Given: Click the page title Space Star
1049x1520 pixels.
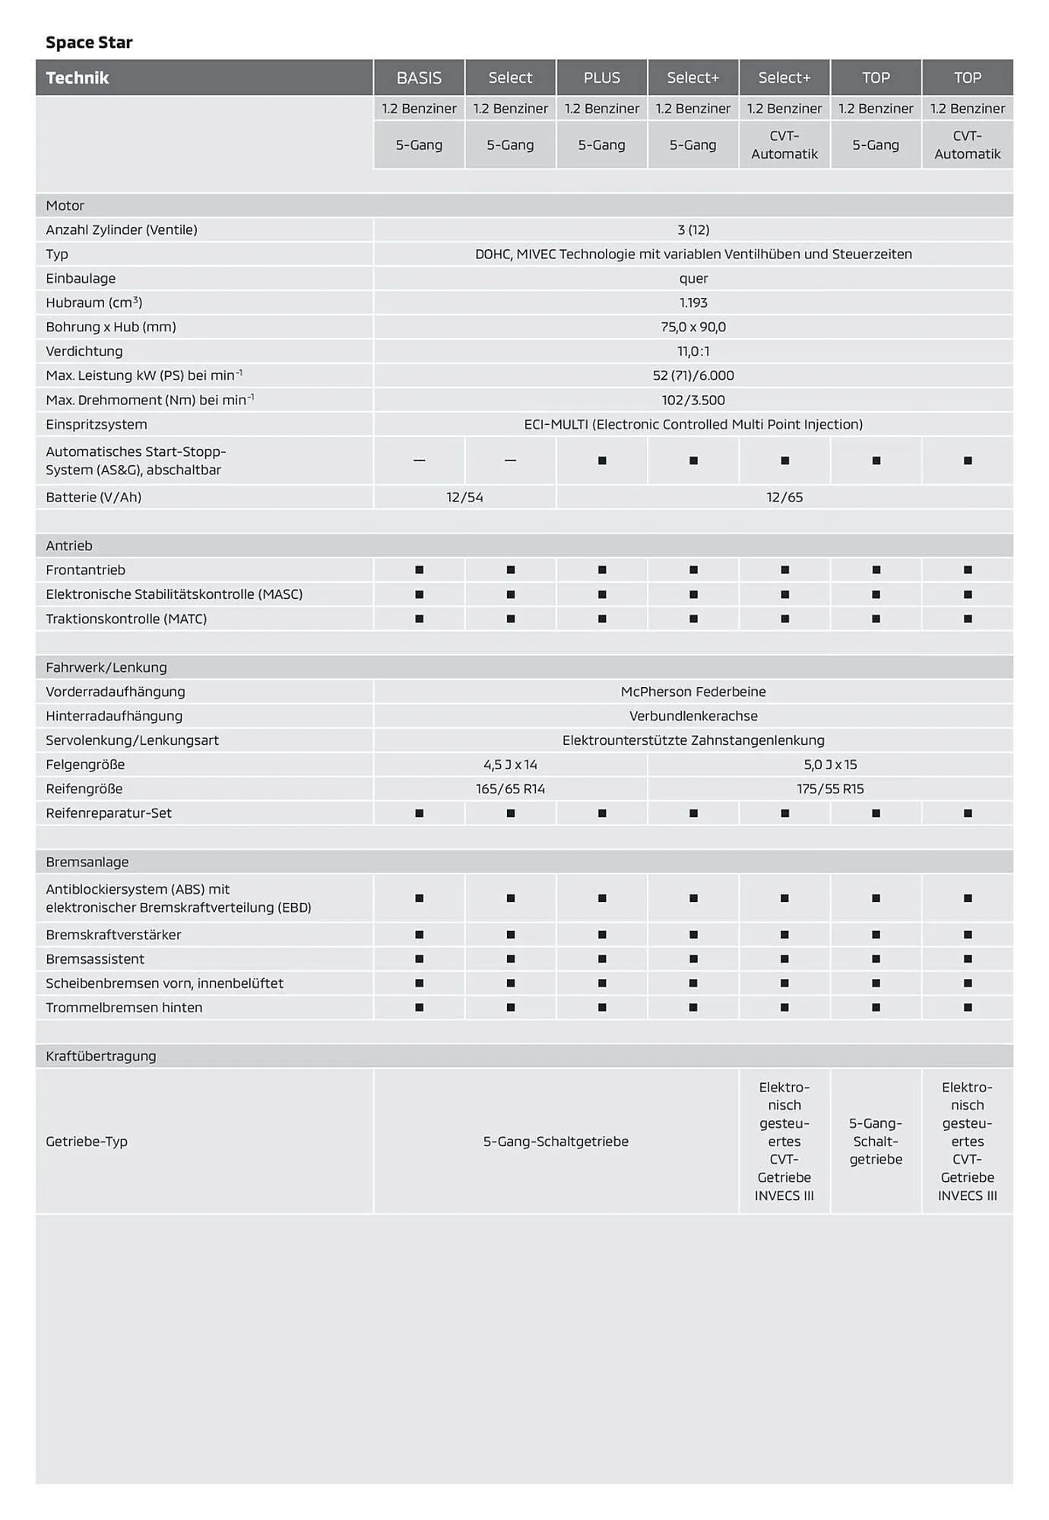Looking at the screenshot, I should (x=89, y=43).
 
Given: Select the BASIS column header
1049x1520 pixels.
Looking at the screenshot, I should (x=419, y=78).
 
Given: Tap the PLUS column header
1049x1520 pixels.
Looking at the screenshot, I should (x=601, y=78).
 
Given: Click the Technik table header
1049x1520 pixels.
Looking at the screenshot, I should (x=78, y=78).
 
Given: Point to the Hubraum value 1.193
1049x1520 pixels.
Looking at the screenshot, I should (x=693, y=302).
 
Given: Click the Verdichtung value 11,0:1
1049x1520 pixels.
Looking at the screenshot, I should (x=693, y=351).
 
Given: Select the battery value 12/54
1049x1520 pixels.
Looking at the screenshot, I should (x=464, y=497).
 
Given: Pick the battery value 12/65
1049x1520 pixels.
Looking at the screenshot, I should (x=784, y=497).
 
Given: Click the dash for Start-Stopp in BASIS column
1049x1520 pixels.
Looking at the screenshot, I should (x=419, y=461).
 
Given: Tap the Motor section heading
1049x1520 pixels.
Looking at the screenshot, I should (x=65, y=205).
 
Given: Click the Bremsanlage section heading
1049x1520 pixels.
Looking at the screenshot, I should (x=87, y=862).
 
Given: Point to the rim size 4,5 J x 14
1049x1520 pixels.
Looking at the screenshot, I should (x=510, y=765).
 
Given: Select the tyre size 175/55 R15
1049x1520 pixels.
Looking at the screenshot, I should (x=830, y=789).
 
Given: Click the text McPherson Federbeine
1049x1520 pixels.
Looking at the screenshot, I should (x=693, y=692).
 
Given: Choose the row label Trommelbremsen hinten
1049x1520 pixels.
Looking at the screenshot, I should (x=124, y=1008).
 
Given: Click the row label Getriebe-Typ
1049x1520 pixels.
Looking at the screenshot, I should (x=87, y=1142).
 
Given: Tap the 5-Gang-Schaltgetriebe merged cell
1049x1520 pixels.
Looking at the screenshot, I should (x=556, y=1142).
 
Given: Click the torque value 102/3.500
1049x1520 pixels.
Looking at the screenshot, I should (x=693, y=400).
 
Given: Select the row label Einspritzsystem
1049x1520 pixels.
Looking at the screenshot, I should (x=97, y=424).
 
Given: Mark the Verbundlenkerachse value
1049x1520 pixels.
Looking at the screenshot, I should (x=693, y=716).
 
